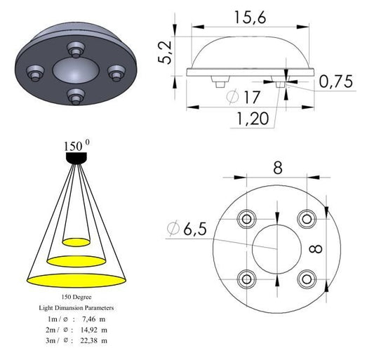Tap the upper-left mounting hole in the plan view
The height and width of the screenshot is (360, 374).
point(247,218)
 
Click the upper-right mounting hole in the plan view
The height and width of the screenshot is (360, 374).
point(306,218)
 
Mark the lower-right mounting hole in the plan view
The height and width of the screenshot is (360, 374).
point(306,278)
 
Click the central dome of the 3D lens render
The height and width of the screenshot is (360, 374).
point(74,70)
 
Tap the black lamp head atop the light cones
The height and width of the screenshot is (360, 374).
point(76,159)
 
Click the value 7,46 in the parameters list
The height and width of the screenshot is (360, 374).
point(88,318)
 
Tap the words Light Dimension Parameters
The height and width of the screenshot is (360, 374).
point(76,307)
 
